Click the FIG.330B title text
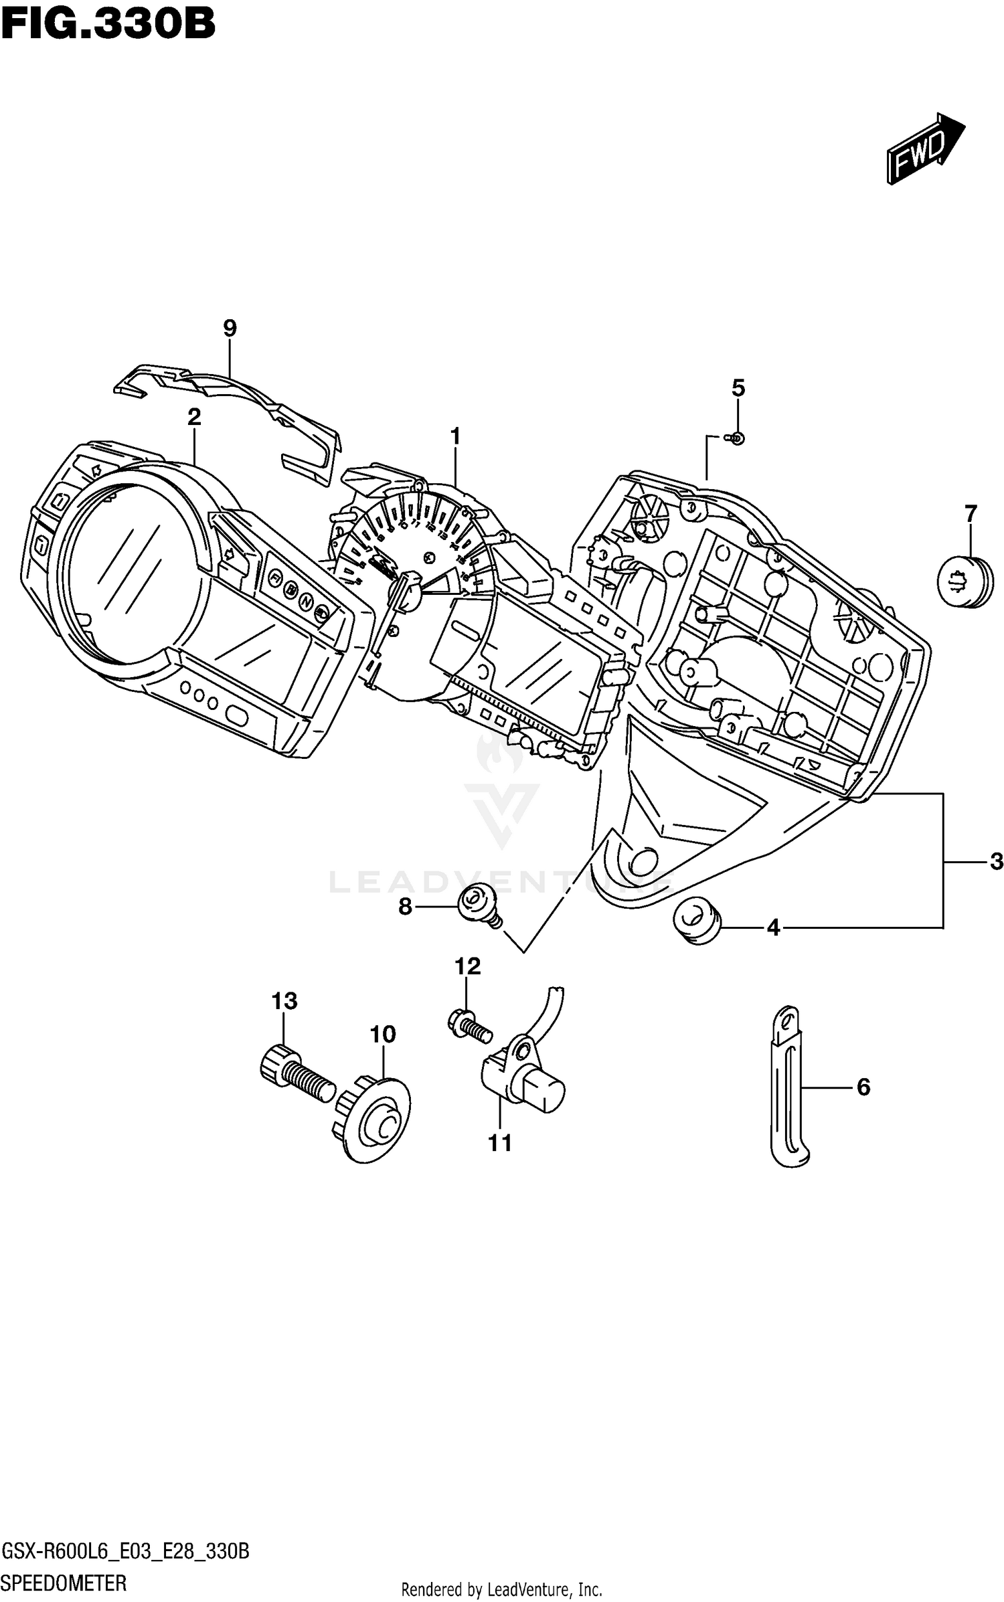point(108,25)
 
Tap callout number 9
point(230,328)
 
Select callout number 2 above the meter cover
point(194,417)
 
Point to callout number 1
point(455,437)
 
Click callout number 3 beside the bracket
point(996,861)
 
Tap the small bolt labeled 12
point(469,1028)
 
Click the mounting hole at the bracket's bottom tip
point(641,863)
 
